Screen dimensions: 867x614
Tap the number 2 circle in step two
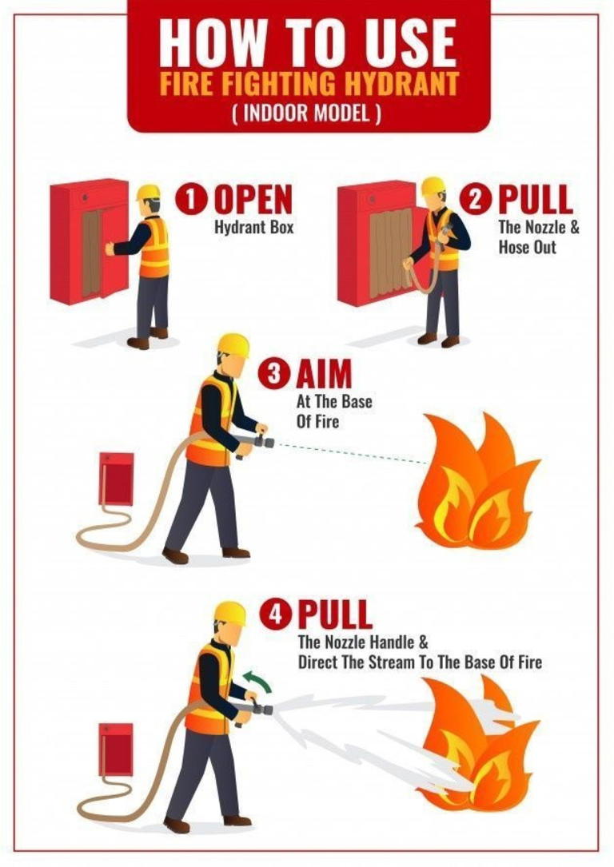click(x=481, y=199)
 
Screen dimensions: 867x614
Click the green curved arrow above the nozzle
click(x=257, y=682)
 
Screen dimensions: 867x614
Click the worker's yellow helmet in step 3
click(x=233, y=345)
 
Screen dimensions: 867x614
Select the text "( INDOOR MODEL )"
click(x=308, y=112)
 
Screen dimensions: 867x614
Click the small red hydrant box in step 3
click(x=116, y=479)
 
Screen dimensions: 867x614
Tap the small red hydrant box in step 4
click(x=116, y=749)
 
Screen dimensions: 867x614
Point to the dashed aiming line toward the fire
click(x=352, y=453)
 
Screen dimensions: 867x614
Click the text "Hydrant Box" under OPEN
click(x=253, y=227)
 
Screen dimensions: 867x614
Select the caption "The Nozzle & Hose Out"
click(x=538, y=237)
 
